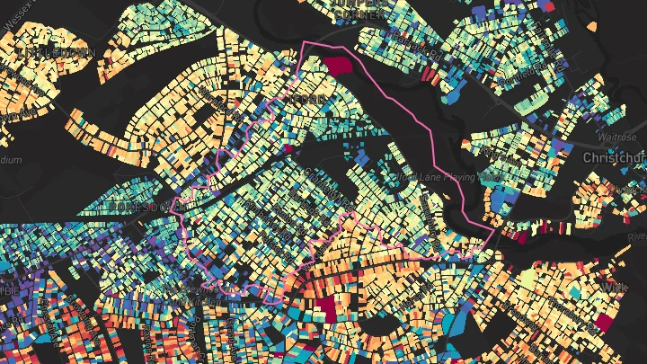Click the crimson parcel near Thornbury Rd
324,308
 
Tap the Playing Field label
449,176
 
